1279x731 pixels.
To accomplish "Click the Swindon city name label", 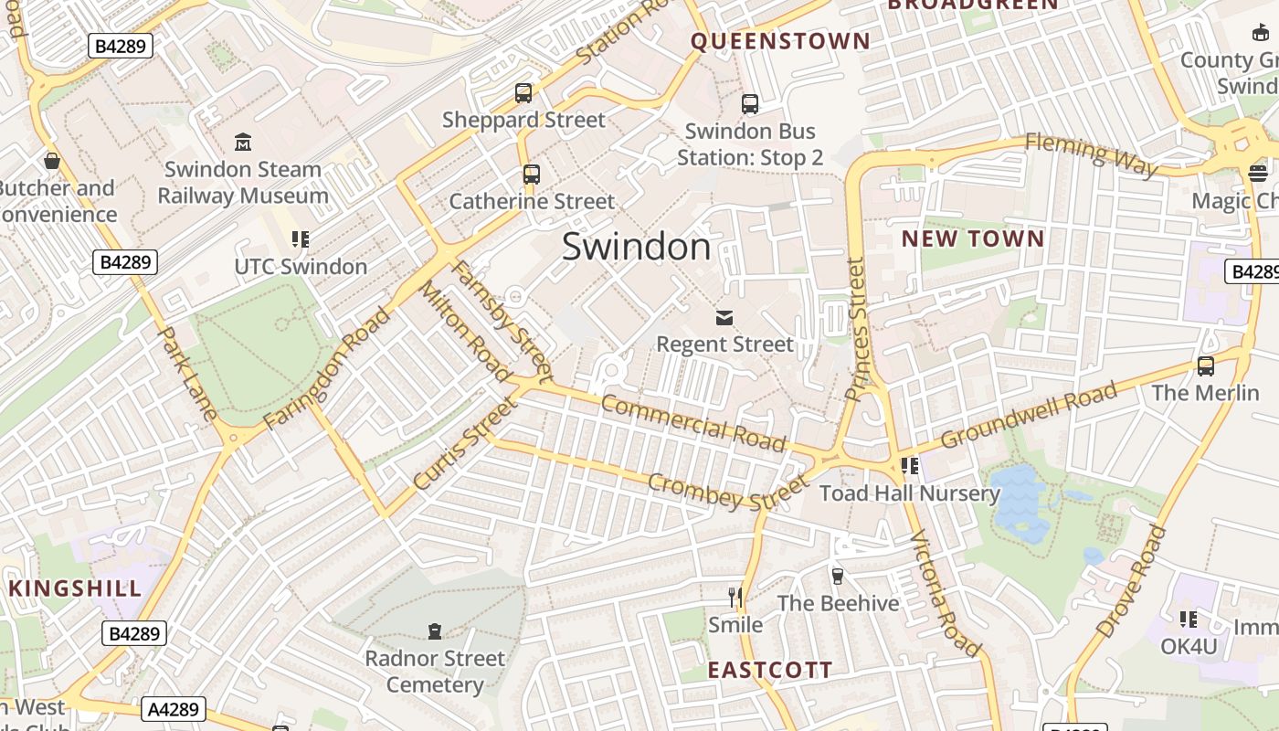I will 636,247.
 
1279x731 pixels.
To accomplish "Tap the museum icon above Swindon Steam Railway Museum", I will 243,143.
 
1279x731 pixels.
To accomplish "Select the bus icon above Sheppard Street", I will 523,93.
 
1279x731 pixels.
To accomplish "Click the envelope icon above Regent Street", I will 724,317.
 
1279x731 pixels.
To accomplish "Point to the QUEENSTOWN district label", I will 780,41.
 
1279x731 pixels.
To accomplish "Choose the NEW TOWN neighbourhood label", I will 973,238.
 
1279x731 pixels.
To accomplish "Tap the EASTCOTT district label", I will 770,670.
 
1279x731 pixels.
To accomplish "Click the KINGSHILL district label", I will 75,588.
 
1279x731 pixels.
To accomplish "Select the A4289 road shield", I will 173,708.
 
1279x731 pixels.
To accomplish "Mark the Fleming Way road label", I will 1091,154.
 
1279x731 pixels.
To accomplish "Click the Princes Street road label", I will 856,329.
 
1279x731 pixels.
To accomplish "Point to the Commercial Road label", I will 693,423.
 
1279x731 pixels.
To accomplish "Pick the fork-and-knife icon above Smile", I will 735,598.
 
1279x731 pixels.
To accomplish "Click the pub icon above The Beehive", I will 838,576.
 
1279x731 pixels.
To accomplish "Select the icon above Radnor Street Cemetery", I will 435,631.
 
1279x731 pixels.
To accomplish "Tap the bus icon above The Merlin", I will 1206,366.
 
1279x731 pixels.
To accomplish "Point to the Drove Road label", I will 1131,581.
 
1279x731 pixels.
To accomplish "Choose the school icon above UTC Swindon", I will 301,239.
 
